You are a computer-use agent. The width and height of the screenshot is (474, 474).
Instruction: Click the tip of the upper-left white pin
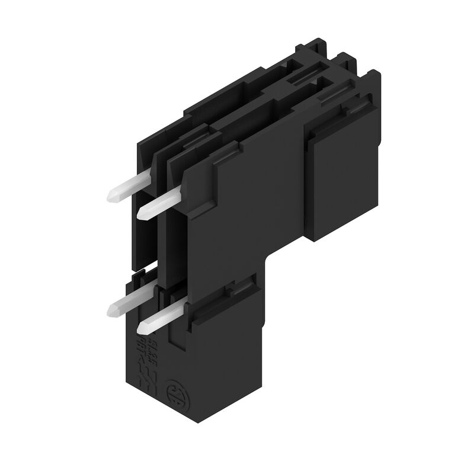coord(111,196)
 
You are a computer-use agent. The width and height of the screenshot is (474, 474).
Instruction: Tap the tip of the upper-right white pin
coord(142,213)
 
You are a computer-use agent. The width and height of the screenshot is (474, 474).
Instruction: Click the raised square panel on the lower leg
coord(223,338)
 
